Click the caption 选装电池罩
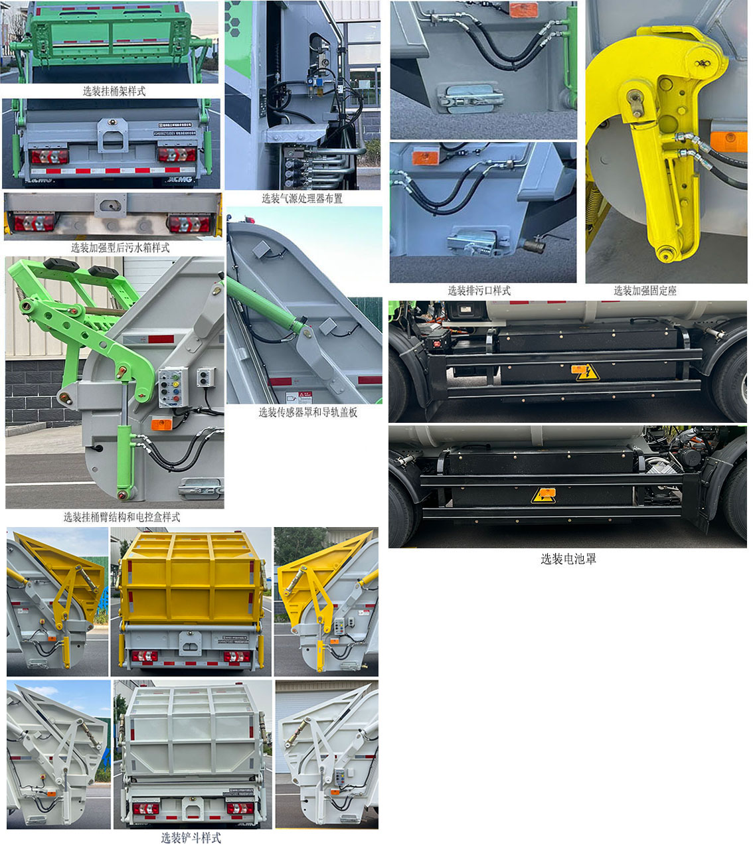click(x=568, y=559)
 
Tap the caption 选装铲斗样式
click(x=191, y=838)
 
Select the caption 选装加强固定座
click(x=645, y=291)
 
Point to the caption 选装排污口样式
click(x=479, y=291)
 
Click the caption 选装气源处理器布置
click(x=302, y=198)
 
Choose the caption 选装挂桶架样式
click(x=114, y=91)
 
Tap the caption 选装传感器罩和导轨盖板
click(x=307, y=412)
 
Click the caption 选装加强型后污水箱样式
click(x=120, y=248)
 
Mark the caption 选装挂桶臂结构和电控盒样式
click(x=122, y=517)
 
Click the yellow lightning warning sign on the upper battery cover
click(x=585, y=372)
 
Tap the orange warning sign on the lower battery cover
click(x=543, y=495)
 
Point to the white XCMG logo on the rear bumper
click(x=179, y=179)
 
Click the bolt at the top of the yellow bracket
click(x=703, y=64)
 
